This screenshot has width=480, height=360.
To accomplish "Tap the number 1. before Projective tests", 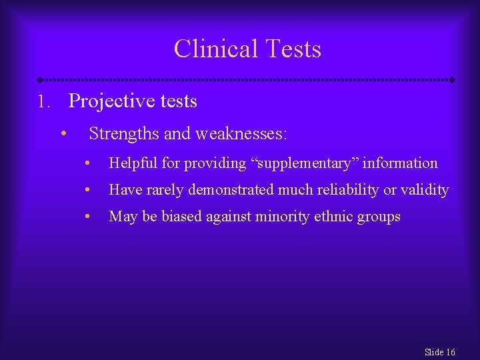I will pos(43,102).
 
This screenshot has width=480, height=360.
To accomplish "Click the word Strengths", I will pos(124,134).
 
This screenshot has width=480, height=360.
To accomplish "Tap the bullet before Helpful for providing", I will pos(87,163).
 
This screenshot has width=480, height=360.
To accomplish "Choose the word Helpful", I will pos(131,163).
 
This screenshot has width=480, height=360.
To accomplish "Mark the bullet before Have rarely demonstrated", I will pos(87,190).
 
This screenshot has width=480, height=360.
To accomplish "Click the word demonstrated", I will pos(231,190).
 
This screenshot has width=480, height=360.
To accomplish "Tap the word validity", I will pos(425,190).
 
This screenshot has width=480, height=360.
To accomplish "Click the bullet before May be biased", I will pos(87,217).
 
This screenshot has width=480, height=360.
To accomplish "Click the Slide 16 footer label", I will pos(439,352).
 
